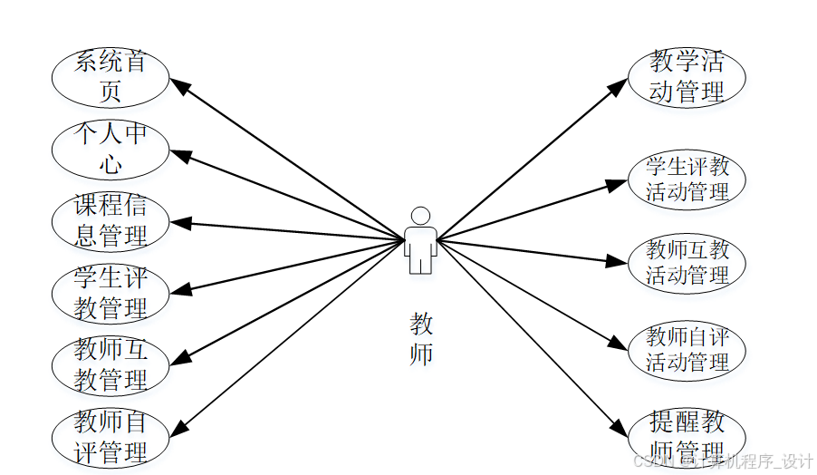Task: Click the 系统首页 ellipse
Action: click(x=111, y=77)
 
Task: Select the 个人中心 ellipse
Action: click(x=111, y=149)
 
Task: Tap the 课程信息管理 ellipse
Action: click(x=111, y=221)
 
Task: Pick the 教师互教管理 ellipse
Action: click(x=111, y=364)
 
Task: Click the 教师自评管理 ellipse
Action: click(x=111, y=437)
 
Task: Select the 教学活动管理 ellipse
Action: click(x=687, y=77)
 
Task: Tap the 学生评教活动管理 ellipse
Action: click(x=687, y=179)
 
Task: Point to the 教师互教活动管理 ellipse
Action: click(x=687, y=263)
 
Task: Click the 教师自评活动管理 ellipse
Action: click(x=687, y=350)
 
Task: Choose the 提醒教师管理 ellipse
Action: click(x=687, y=435)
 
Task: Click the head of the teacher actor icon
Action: click(x=420, y=216)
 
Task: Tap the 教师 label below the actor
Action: click(x=421, y=339)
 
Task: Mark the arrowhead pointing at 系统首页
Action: click(x=180, y=88)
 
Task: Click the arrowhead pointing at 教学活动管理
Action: click(x=618, y=85)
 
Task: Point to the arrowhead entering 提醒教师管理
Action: click(x=618, y=428)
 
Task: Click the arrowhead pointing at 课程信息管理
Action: click(x=179, y=222)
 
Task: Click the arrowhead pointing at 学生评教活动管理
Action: click(x=618, y=184)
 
